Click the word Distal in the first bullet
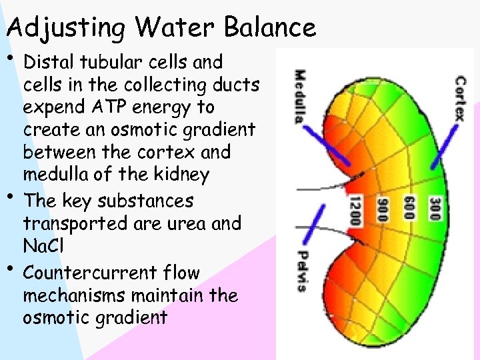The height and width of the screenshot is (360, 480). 48,63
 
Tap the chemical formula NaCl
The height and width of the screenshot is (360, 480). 42,247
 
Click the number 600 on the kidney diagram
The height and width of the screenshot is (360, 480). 408,207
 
